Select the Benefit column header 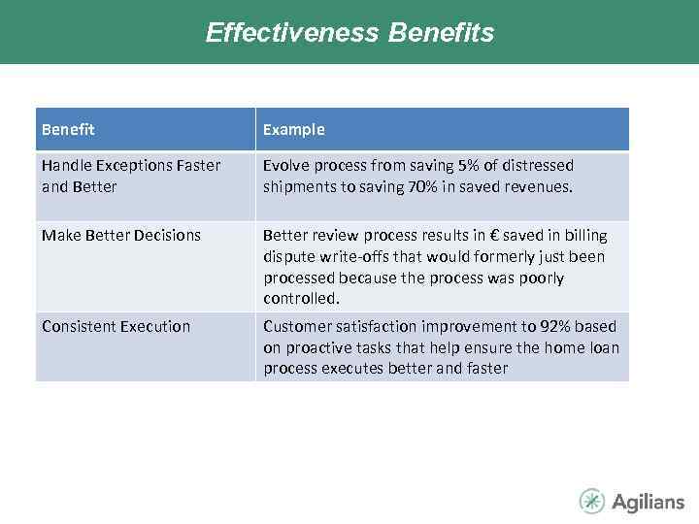pyautogui.click(x=68, y=129)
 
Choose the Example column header pyautogui.click(x=293, y=129)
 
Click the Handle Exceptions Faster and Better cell pyautogui.click(x=131, y=176)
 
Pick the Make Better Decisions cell pyautogui.click(x=121, y=235)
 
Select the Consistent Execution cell pyautogui.click(x=116, y=326)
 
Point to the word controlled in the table pyautogui.click(x=300, y=299)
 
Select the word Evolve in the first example pyautogui.click(x=283, y=165)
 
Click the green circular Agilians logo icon pyautogui.click(x=592, y=501)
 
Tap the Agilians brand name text pyautogui.click(x=648, y=502)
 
